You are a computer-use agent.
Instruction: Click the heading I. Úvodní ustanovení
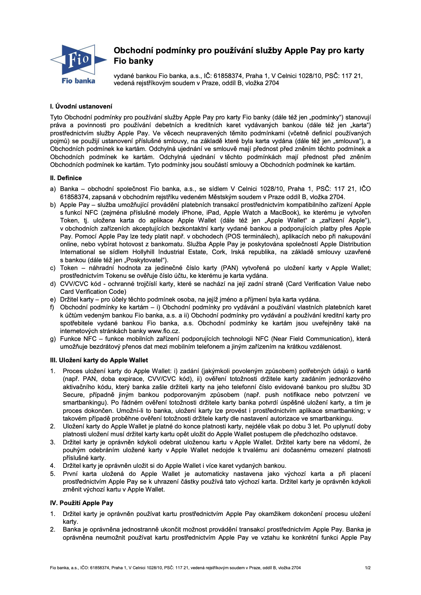[x=81, y=107]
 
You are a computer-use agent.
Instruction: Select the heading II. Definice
[x=66, y=178]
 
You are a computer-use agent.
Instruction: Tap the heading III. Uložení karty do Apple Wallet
[x=99, y=360]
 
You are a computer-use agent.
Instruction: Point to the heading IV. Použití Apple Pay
[x=81, y=503]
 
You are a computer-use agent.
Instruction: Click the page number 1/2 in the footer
[x=368, y=568]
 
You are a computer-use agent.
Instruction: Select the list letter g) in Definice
[x=53, y=339]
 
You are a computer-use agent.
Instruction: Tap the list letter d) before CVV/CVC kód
[x=53, y=284]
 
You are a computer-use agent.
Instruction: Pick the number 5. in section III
[x=53, y=474]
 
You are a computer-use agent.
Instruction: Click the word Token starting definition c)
[x=69, y=268]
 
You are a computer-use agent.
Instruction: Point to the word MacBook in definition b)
[x=283, y=213]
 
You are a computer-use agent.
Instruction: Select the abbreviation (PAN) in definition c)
[x=230, y=268]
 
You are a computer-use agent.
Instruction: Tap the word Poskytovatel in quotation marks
[x=148, y=260]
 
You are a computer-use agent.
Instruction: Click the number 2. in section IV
[x=53, y=530]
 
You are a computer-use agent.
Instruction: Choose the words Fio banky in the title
[x=133, y=61]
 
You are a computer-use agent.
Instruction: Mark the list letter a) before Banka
[x=53, y=189]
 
